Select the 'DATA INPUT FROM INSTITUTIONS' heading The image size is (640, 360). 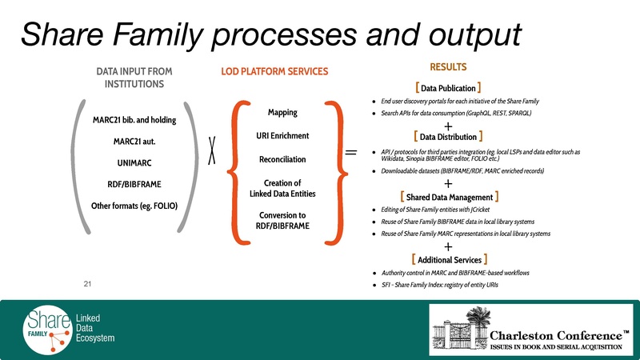[x=134, y=78]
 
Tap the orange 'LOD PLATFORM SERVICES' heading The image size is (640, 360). [x=274, y=72]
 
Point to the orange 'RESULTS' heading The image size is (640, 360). [x=448, y=67]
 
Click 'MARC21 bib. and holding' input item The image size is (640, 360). [x=134, y=121]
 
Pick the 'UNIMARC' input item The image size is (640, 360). [x=134, y=165]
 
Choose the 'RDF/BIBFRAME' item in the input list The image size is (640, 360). [x=134, y=186]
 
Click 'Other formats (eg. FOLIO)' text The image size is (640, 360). [x=134, y=207]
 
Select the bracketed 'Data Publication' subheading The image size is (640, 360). [x=448, y=87]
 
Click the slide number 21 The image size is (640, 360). [x=88, y=282]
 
